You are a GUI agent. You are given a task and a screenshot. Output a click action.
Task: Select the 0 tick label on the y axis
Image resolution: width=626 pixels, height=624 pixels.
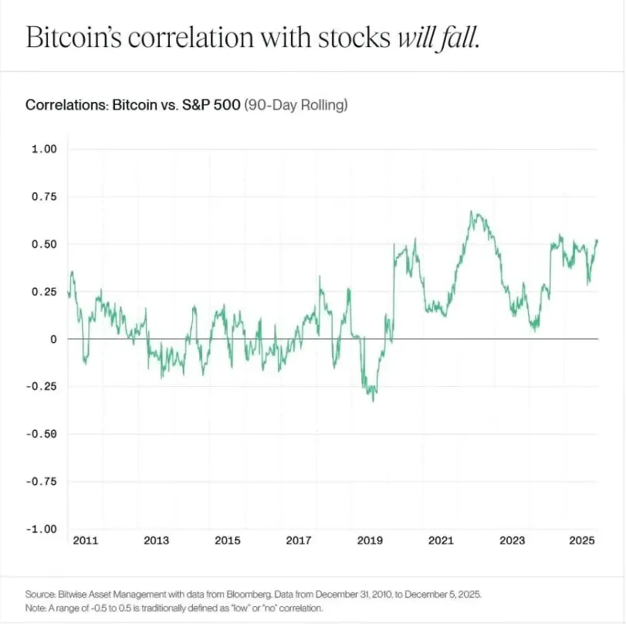point(53,339)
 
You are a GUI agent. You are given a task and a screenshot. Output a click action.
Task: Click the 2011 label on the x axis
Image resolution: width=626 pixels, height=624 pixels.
point(86,541)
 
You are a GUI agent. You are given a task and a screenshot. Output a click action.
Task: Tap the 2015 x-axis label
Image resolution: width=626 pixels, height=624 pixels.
point(228,541)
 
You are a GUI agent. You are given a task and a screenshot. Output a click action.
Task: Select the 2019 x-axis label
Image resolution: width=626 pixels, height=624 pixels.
point(370,541)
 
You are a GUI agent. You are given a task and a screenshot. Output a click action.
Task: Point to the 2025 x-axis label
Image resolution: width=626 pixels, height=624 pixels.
point(583,541)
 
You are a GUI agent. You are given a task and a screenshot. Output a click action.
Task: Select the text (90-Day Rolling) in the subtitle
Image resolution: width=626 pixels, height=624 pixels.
point(296,104)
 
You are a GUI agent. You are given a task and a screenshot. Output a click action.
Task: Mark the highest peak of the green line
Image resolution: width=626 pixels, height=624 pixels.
point(472,212)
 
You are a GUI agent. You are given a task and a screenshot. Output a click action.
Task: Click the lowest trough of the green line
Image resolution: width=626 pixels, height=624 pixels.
point(374,401)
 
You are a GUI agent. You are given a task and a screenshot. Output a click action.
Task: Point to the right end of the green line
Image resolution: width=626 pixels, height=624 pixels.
point(597,240)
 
